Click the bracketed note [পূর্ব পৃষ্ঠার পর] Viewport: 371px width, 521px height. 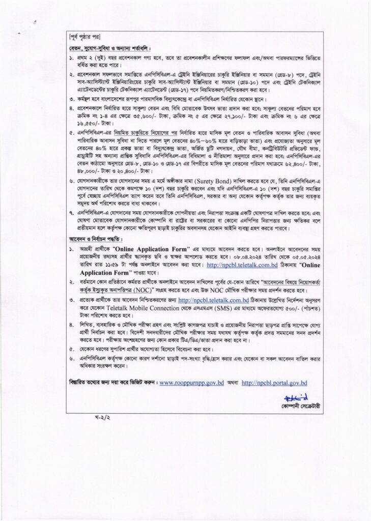85,37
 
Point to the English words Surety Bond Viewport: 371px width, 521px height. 215,181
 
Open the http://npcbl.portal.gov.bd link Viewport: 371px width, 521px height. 274,383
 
